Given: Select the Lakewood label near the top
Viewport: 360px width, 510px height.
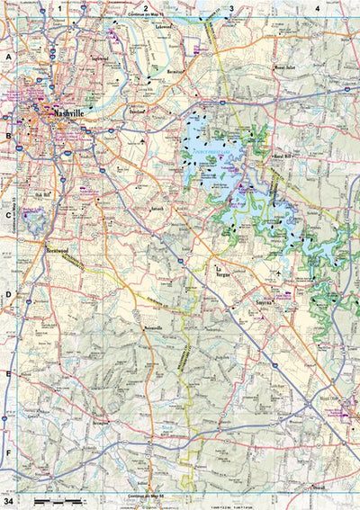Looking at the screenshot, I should tap(163, 27).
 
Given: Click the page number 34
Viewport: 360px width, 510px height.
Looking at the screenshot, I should tap(8, 499).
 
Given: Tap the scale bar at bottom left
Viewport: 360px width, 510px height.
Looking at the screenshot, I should tap(49, 498).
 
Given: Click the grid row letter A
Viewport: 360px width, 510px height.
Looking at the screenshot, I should tap(8, 56).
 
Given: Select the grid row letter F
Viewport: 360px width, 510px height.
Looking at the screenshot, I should tap(8, 452).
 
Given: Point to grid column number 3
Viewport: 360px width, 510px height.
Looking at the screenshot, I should tap(231, 8).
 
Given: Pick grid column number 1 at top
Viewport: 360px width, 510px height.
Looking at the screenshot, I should tap(61, 8).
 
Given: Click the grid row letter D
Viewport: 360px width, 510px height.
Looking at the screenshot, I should tap(8, 294).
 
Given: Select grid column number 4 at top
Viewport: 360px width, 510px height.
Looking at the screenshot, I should tap(317, 8).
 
